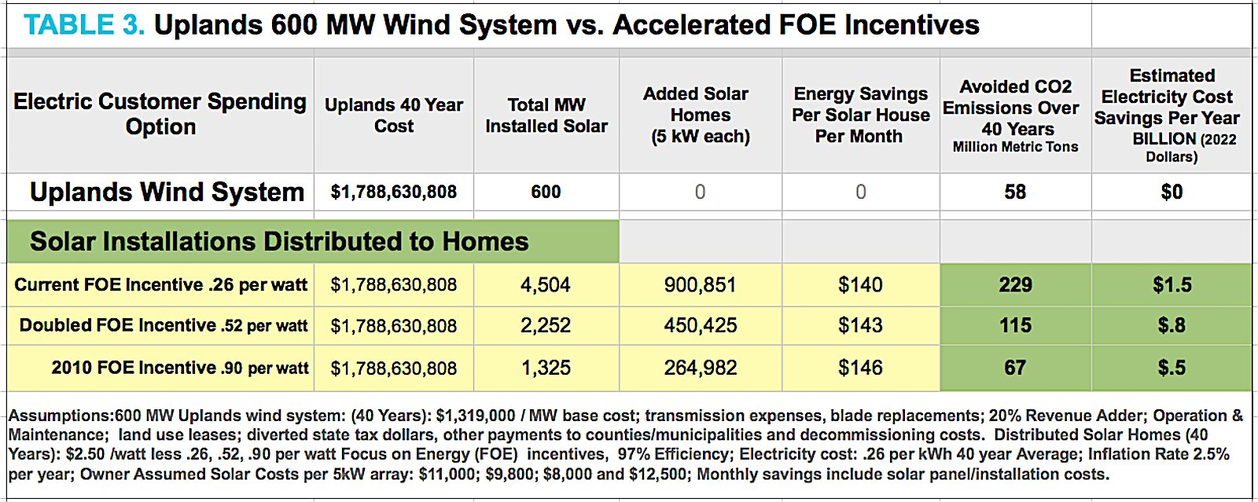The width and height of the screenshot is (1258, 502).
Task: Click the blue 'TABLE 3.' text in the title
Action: pyautogui.click(x=84, y=25)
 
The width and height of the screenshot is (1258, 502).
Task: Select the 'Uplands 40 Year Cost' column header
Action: pyautogui.click(x=393, y=115)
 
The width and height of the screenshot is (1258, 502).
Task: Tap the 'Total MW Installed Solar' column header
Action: pyautogui.click(x=546, y=115)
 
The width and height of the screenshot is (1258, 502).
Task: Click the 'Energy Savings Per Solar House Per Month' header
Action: pyautogui.click(x=860, y=115)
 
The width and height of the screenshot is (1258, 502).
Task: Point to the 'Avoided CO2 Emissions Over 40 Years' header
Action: pyautogui.click(x=1015, y=115)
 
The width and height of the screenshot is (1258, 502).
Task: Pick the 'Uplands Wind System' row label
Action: pyautogui.click(x=167, y=192)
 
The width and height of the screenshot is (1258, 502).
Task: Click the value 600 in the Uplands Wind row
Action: pyautogui.click(x=546, y=192)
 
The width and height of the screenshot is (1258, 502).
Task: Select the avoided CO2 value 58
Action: pyautogui.click(x=1015, y=192)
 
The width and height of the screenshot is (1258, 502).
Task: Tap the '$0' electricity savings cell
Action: pyautogui.click(x=1172, y=192)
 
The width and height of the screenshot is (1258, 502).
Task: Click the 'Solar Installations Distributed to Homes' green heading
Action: pyautogui.click(x=279, y=242)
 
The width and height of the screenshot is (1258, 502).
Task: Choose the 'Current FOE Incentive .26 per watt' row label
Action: pyautogui.click(x=160, y=285)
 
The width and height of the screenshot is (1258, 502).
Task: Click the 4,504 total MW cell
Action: pyautogui.click(x=546, y=285)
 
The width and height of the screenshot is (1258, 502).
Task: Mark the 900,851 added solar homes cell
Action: pyautogui.click(x=700, y=285)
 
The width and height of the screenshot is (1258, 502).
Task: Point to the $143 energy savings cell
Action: pyautogui.click(x=860, y=326)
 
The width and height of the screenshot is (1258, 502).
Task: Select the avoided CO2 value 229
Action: pyautogui.click(x=1015, y=285)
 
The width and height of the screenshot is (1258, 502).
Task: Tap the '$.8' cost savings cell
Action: pyautogui.click(x=1172, y=326)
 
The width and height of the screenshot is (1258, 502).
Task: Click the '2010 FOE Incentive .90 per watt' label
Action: pyautogui.click(x=180, y=368)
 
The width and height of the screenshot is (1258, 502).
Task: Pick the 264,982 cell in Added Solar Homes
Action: pyautogui.click(x=700, y=368)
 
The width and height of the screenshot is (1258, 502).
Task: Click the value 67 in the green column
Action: pyautogui.click(x=1015, y=368)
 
